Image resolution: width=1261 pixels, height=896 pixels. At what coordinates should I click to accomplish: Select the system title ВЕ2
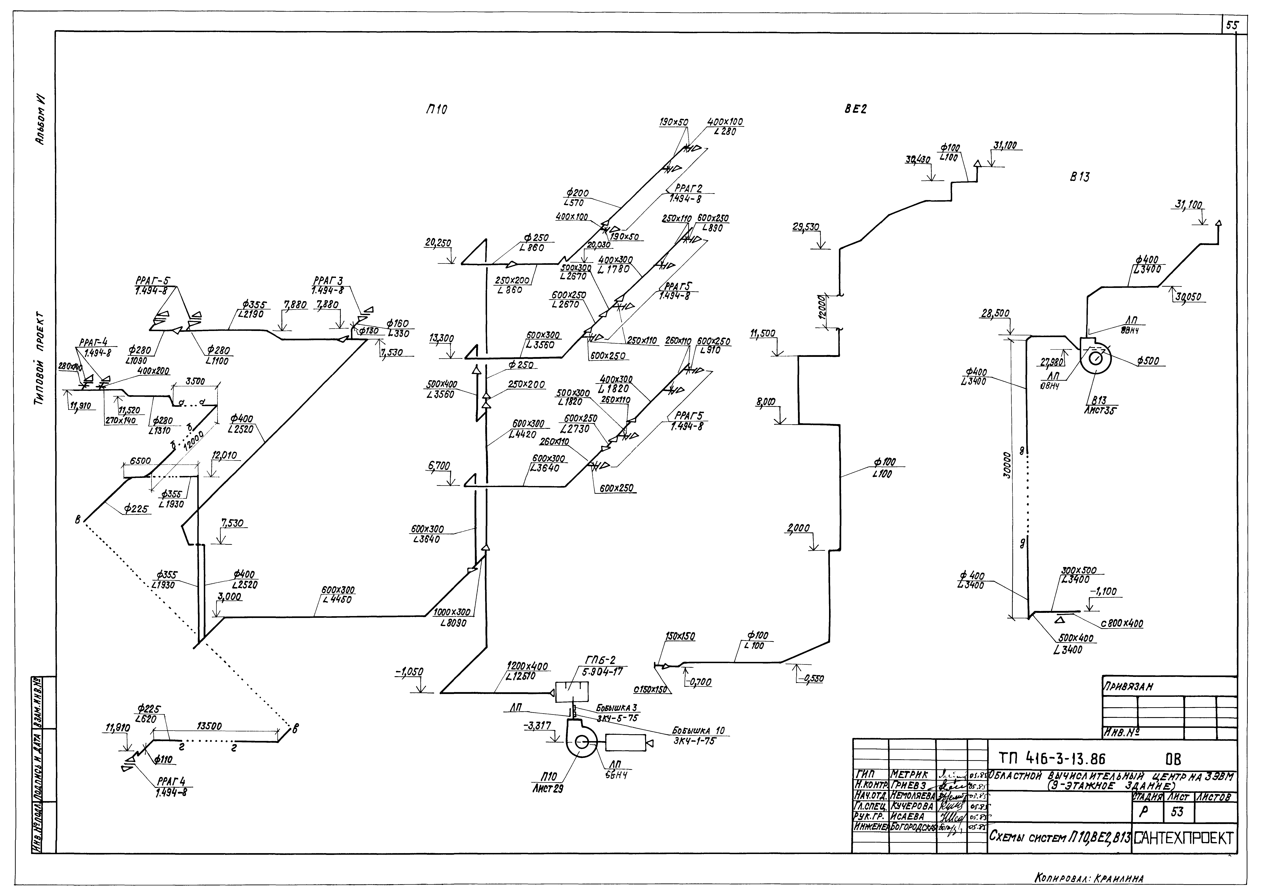click(x=855, y=109)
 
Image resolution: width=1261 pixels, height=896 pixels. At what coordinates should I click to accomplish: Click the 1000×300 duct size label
click(x=451, y=612)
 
